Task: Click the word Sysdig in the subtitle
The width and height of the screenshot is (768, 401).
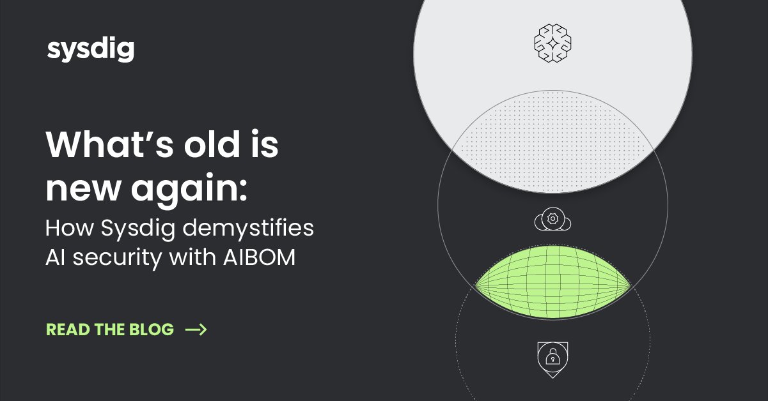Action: (x=130, y=229)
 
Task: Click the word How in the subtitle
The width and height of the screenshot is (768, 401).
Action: (x=66, y=229)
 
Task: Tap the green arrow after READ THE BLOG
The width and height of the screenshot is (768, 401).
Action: (x=196, y=329)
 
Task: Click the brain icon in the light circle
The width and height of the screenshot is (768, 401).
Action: (x=552, y=43)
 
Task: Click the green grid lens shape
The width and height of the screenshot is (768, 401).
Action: (x=552, y=284)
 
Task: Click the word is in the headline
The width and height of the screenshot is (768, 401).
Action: (x=264, y=146)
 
